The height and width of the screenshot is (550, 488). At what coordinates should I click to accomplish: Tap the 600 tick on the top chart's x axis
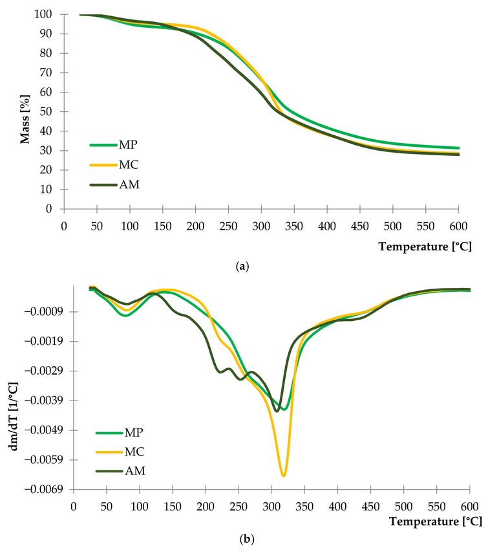pos(458,225)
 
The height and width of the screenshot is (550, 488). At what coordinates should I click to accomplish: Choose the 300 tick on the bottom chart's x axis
pos(271,505)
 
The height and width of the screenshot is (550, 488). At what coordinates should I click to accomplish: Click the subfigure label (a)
pos(244,265)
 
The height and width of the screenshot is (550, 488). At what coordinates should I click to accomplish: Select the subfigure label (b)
pos(244,538)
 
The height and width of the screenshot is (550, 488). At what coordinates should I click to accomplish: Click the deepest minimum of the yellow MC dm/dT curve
pos(283,476)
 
